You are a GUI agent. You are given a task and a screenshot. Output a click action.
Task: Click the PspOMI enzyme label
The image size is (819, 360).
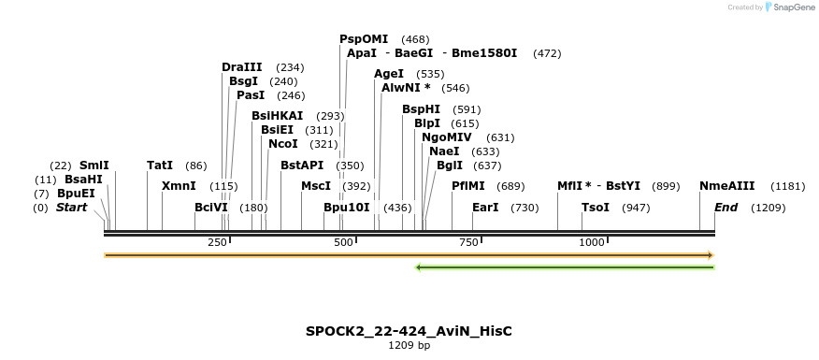pyautogui.click(x=364, y=39)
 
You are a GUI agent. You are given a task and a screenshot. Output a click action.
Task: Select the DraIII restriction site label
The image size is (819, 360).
pyautogui.click(x=242, y=67)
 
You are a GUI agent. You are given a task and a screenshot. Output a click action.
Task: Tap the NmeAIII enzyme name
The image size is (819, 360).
pyautogui.click(x=726, y=186)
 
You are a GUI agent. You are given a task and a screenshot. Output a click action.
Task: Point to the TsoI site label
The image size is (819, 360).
pyautogui.click(x=596, y=208)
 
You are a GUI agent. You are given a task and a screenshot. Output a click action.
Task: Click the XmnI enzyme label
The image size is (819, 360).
pyautogui.click(x=179, y=186)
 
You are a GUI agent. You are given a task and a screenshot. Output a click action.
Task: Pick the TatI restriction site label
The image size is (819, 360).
pyautogui.click(x=160, y=166)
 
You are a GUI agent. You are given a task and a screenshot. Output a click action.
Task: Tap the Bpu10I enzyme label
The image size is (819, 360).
pyautogui.click(x=347, y=208)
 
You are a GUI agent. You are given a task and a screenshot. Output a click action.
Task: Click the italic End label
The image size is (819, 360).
pyautogui.click(x=726, y=208)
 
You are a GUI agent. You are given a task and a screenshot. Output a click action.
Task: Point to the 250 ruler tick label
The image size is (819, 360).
pyautogui.click(x=217, y=243)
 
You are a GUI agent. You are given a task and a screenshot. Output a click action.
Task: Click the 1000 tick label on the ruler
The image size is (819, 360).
pyautogui.click(x=592, y=243)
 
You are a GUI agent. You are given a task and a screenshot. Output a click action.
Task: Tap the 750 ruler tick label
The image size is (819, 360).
pyautogui.click(x=467, y=243)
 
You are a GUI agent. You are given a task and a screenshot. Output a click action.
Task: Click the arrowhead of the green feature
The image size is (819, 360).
pyautogui.click(x=419, y=267)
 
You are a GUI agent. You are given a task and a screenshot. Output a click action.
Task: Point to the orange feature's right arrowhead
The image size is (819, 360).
pyautogui.click(x=711, y=255)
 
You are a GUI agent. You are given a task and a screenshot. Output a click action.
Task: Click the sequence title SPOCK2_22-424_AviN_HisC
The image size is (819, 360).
pyautogui.click(x=409, y=331)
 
